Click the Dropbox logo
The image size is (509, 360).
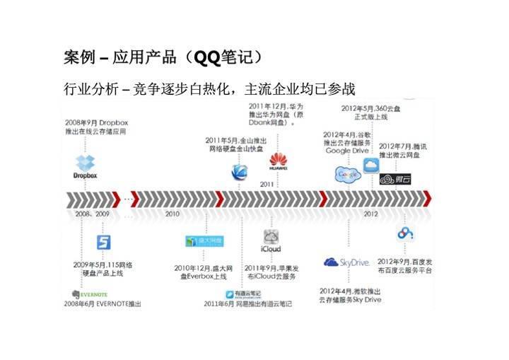pos(85,166)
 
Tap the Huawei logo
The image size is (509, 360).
pos(279,162)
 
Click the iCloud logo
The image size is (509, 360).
pos(271,240)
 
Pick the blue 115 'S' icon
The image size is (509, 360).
pos(104,243)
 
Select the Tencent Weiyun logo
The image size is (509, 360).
pos(394,178)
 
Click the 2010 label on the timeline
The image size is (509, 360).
pos(172,213)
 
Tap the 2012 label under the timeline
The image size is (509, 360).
pos(370,213)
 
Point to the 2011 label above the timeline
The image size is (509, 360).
pos(267,184)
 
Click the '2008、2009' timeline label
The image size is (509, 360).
pos(93,213)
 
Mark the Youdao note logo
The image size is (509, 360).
pos(242,294)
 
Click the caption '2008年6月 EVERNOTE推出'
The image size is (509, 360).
pos(103,303)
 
